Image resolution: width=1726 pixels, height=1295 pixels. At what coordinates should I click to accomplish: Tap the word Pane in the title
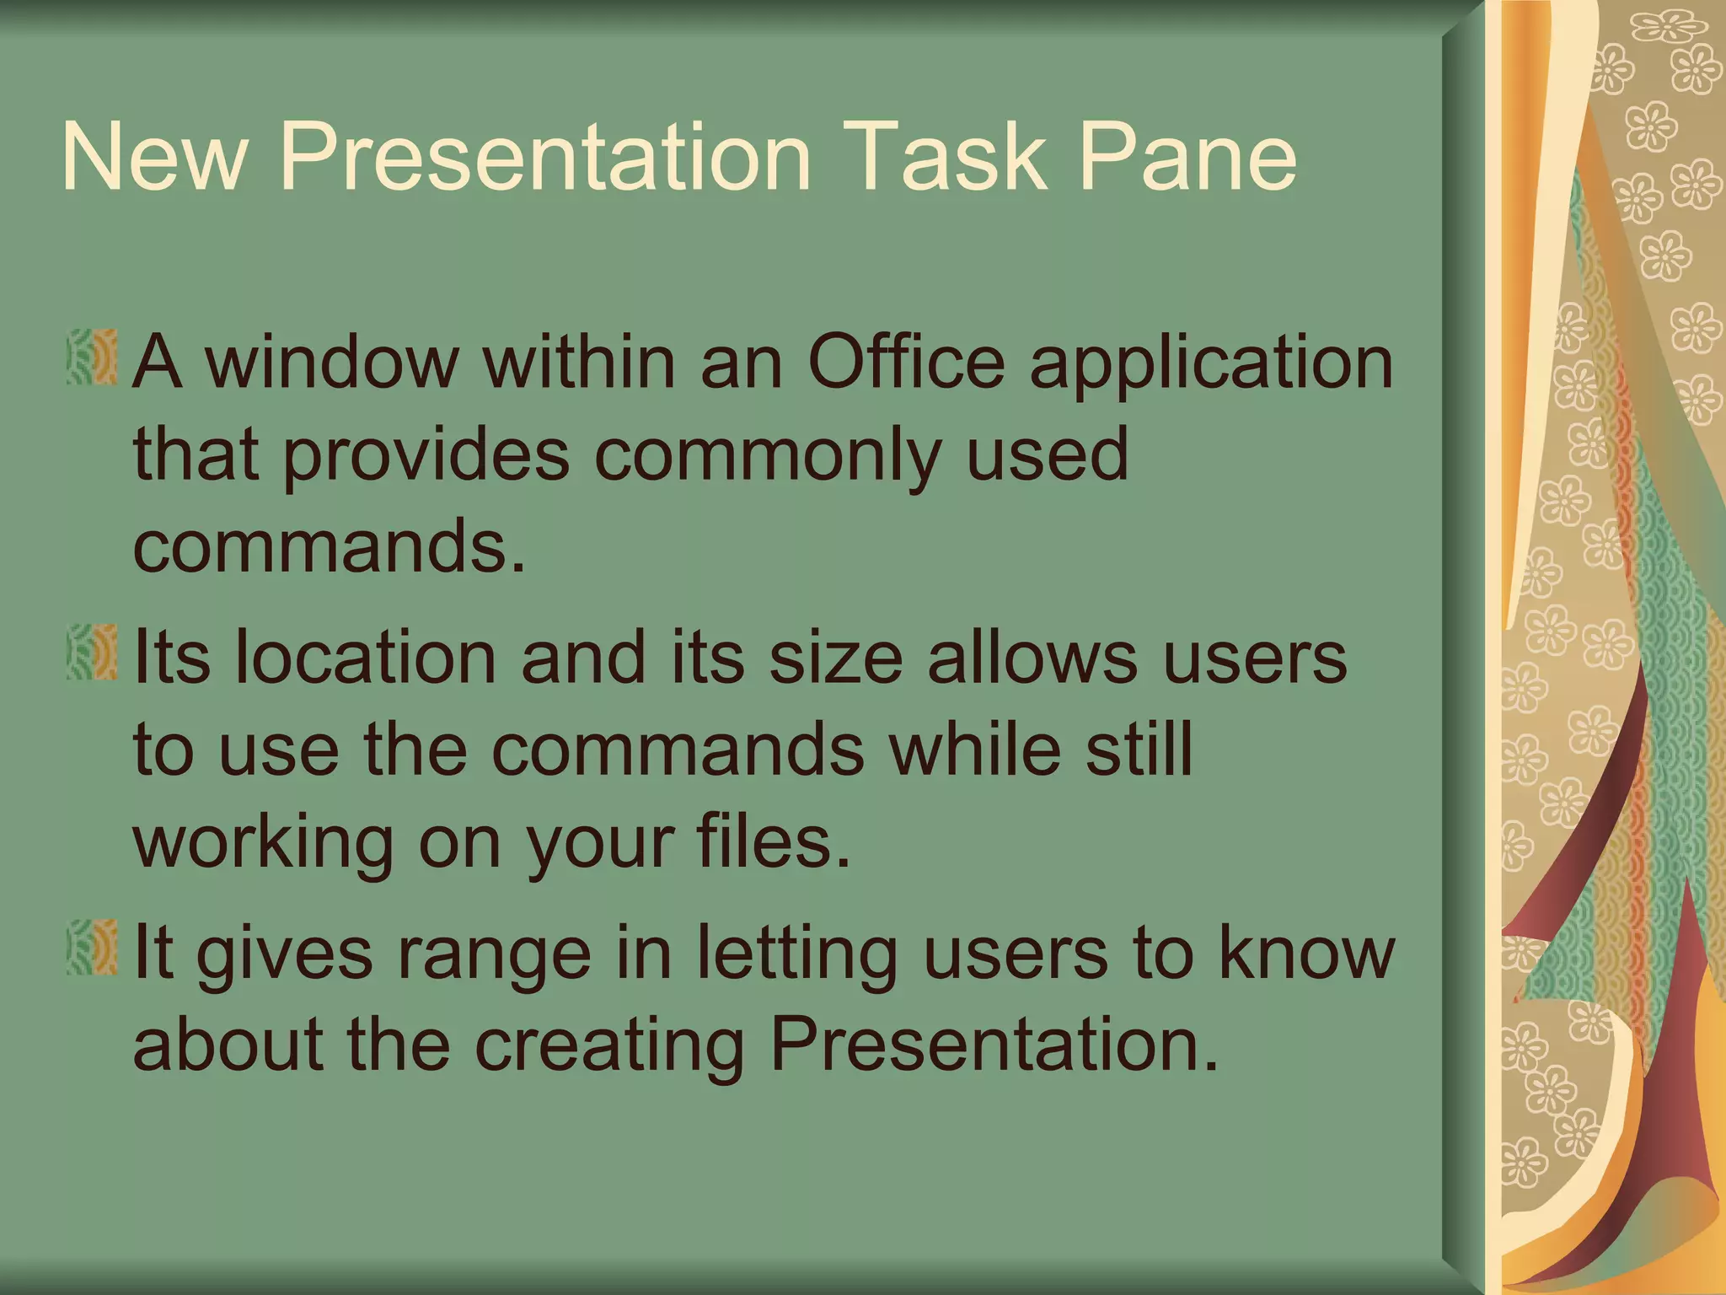[x=1188, y=158]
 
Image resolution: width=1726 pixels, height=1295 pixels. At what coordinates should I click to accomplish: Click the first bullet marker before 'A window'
[x=92, y=358]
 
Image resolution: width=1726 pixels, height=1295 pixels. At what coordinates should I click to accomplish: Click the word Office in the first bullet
[x=906, y=363]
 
